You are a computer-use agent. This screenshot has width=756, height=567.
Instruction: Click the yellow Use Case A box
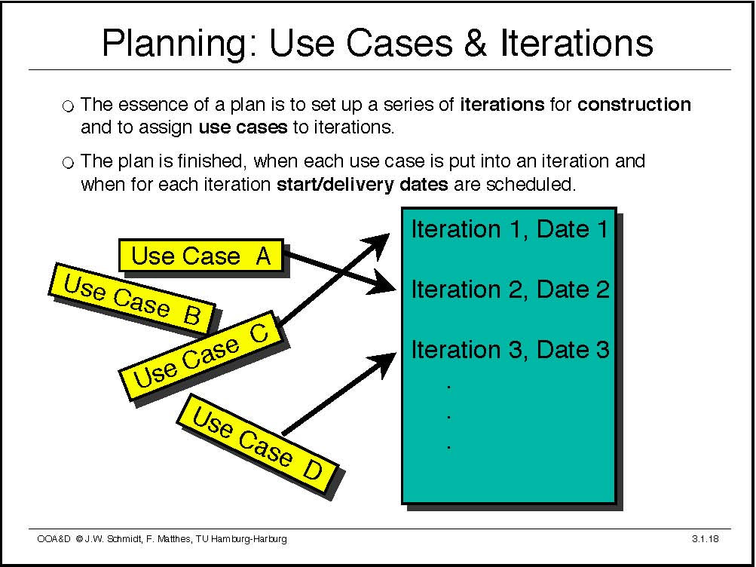(x=201, y=255)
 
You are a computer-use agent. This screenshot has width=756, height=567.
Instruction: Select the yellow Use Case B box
(x=132, y=299)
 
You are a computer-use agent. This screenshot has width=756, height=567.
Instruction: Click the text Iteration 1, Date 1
(x=510, y=229)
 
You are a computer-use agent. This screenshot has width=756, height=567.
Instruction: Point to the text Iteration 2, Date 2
(x=510, y=290)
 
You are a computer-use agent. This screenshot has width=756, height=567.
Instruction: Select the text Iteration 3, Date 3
(x=510, y=350)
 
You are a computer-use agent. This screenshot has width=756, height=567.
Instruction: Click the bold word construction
(x=634, y=104)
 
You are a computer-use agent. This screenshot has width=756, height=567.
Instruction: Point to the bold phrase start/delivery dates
(x=362, y=184)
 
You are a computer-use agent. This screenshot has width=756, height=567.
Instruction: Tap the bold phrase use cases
(x=243, y=127)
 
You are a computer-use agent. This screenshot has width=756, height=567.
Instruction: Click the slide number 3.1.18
(x=705, y=538)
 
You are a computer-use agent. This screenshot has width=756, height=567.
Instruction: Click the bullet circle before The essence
(x=69, y=106)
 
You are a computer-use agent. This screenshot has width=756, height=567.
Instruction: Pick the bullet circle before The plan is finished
(x=69, y=163)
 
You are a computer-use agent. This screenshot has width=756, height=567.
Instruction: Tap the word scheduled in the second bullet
(x=531, y=184)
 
